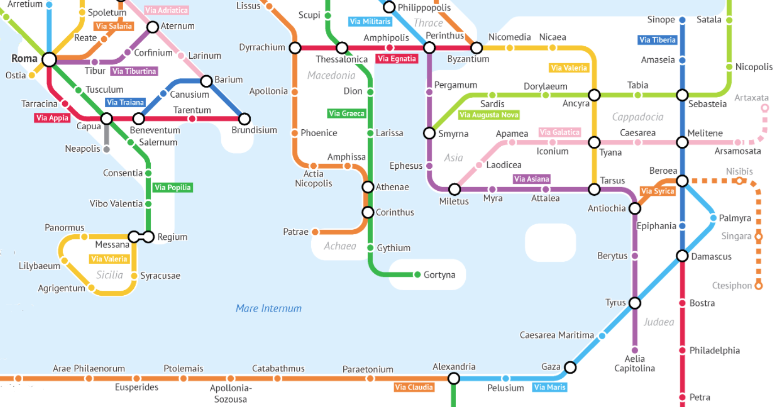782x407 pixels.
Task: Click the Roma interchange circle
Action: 50,59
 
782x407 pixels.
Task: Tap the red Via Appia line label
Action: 52,118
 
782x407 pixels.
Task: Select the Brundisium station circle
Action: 244,119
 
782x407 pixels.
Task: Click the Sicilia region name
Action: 110,275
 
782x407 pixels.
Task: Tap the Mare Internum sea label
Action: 269,308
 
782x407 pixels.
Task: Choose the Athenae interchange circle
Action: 368,187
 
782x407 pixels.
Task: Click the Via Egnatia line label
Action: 397,59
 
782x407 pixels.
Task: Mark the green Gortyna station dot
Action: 418,275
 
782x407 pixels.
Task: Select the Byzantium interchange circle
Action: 477,47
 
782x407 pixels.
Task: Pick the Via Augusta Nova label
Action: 489,115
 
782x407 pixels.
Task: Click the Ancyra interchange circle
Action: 594,95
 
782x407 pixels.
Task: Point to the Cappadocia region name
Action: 637,117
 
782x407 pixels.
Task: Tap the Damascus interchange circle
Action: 682,256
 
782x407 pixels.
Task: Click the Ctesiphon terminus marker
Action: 758,286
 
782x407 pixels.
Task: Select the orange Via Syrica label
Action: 658,191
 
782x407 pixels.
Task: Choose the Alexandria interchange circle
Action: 453,378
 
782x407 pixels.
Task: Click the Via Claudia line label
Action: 414,387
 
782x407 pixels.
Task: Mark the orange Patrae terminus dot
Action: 315,232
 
